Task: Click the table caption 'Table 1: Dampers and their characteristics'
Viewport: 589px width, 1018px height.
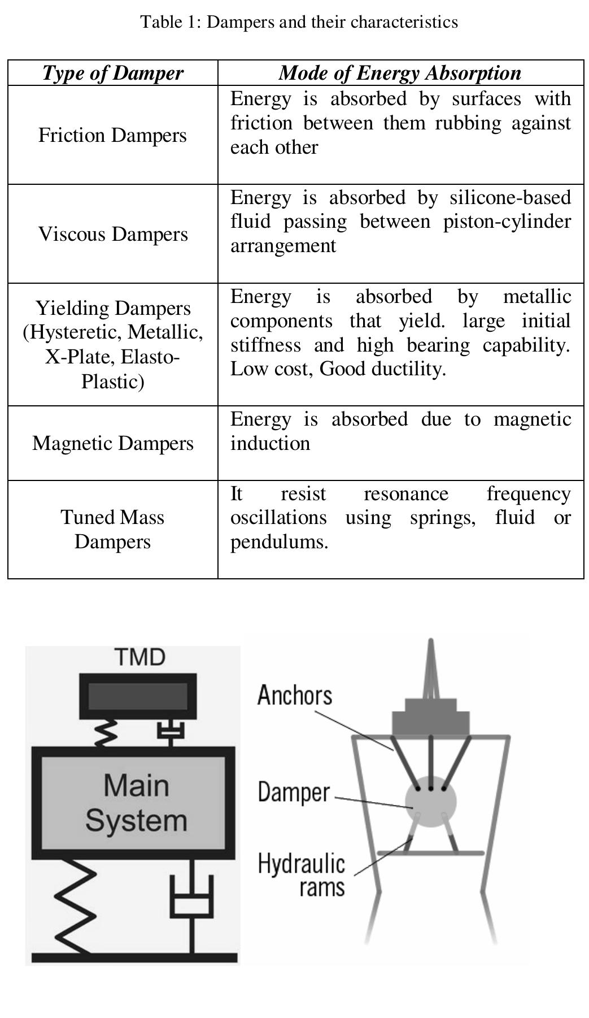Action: coord(299,22)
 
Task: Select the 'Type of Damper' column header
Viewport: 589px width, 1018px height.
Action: coord(113,73)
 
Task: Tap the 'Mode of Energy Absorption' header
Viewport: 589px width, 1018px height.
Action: coord(400,73)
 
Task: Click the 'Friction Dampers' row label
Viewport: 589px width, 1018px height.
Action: coord(112,135)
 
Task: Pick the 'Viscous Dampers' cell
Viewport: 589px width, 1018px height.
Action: coord(113,234)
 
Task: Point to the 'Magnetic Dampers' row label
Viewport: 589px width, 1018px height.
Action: coord(113,443)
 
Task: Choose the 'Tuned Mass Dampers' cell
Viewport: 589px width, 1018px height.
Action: coord(112,529)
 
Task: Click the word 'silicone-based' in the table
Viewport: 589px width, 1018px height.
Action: coord(510,197)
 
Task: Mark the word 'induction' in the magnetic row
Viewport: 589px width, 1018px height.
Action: coord(270,443)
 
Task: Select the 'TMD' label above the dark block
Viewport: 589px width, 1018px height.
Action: coord(139,657)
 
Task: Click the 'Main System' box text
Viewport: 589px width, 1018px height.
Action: coord(136,803)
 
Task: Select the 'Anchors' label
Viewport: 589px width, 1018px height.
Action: coord(294,695)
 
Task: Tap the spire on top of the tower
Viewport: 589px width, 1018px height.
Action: coord(431,667)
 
